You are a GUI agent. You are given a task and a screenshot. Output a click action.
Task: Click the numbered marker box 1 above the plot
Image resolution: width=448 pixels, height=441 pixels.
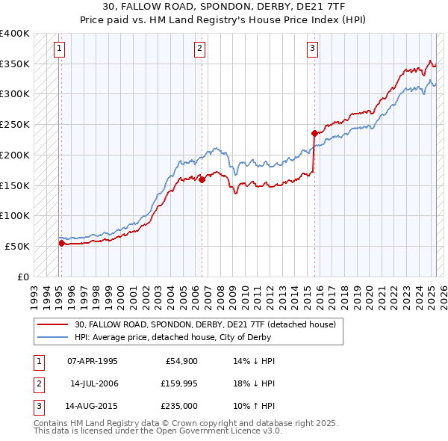59,49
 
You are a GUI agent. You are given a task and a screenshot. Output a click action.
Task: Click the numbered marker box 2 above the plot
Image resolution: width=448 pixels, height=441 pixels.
200,49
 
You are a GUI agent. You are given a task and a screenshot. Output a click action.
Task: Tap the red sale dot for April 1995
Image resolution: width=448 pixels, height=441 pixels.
61,243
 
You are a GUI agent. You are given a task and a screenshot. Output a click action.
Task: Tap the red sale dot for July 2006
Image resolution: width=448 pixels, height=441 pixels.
202,179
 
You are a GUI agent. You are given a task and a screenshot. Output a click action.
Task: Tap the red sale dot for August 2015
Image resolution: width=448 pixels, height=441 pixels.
314,133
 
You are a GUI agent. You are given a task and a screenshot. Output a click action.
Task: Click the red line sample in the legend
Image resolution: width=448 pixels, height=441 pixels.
53,324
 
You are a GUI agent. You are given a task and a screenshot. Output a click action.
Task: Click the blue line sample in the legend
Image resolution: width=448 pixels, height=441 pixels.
53,337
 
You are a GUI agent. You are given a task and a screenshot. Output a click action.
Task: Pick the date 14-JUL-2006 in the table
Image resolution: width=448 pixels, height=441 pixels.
94,383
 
